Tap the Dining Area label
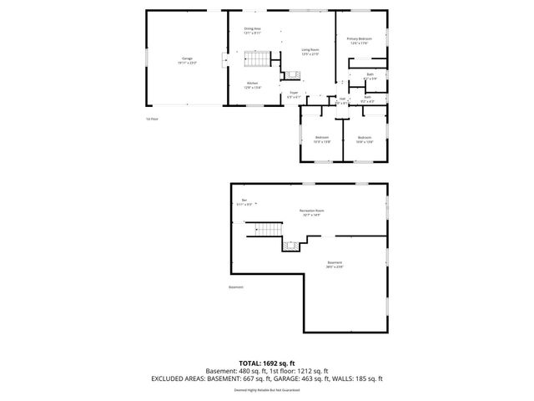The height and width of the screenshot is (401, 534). (252, 31)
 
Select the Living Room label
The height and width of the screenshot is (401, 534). (310, 52)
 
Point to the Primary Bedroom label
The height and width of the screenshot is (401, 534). (360, 41)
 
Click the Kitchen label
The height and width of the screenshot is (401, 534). (252, 84)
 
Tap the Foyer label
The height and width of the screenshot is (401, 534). (294, 94)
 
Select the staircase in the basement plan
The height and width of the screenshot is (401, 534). (268, 229)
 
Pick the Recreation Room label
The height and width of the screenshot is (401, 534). (312, 212)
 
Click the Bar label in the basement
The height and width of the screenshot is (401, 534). (244, 201)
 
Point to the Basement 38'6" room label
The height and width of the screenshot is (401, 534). (334, 265)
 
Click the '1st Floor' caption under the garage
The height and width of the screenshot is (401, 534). (151, 119)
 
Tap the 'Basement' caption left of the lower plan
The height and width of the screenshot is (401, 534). (236, 287)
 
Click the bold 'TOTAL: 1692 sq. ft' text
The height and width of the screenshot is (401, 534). (267, 363)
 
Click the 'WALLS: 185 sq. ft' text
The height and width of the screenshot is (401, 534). (360, 378)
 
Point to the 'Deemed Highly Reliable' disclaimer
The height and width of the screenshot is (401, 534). (267, 389)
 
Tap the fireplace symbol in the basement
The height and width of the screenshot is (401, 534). (291, 245)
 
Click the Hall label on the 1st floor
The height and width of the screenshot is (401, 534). (342, 100)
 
